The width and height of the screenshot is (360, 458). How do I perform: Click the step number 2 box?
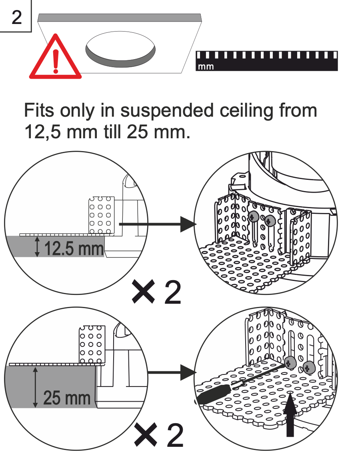pyautogui.click(x=16, y=17)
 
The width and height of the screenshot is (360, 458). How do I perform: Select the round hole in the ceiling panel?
pyautogui.click(x=120, y=50)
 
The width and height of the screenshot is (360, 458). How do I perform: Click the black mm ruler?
pyautogui.click(x=266, y=61)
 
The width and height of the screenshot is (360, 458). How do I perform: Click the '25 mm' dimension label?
pyautogui.click(x=67, y=398)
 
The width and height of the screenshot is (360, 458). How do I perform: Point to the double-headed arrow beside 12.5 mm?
pyautogui.click(x=37, y=246)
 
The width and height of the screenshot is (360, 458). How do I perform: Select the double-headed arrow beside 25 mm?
pyautogui.click(x=36, y=387)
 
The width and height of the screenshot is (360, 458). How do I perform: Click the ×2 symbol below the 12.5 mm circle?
pyautogui.click(x=156, y=293)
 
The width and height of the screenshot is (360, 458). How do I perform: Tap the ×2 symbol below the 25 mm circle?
pyautogui.click(x=159, y=435)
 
